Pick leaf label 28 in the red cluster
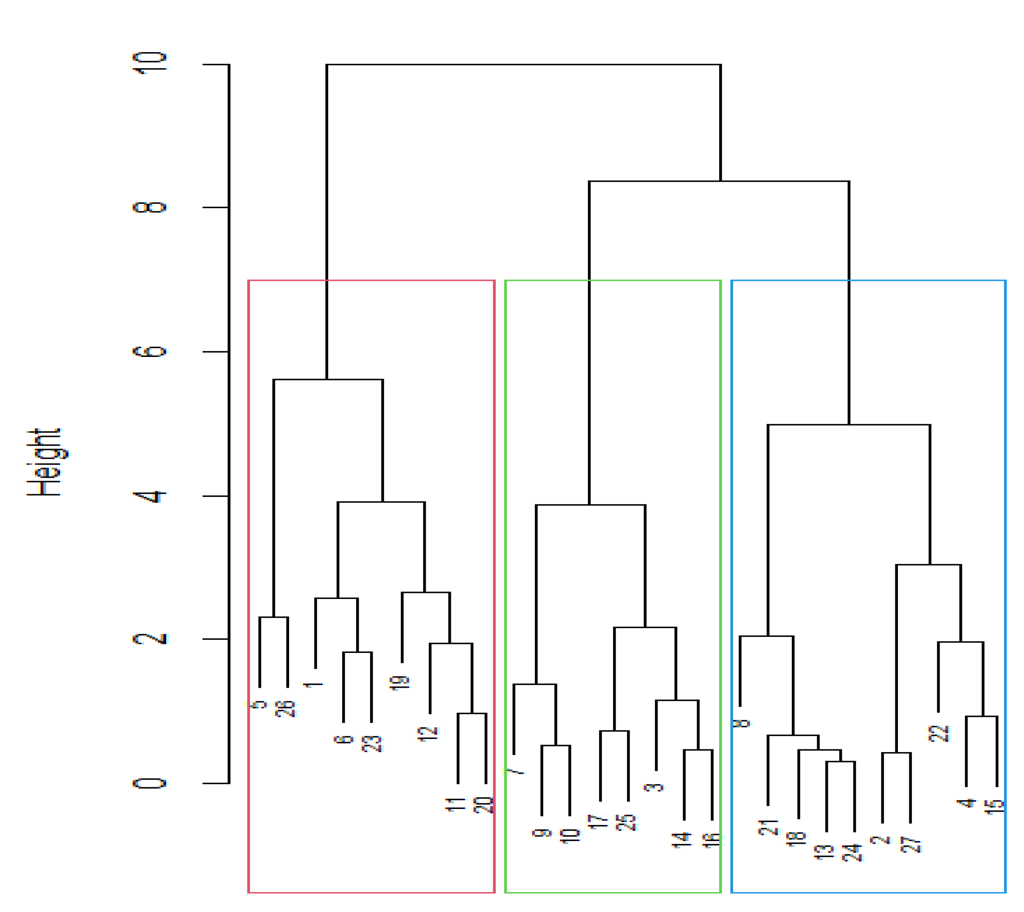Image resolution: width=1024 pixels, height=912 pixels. (x=285, y=709)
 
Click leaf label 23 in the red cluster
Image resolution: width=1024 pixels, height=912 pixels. (x=372, y=744)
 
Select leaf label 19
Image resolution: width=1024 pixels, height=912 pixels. (x=400, y=683)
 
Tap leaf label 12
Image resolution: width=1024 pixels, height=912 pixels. (x=427, y=734)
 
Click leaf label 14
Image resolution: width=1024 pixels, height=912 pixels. (x=682, y=840)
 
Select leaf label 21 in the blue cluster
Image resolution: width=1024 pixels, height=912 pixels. (x=768, y=827)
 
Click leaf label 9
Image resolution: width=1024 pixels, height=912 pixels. (x=541, y=833)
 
